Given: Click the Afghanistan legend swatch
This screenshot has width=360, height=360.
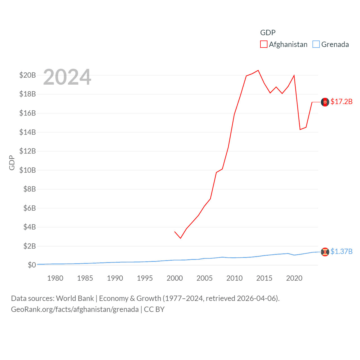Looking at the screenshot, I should [x=264, y=44].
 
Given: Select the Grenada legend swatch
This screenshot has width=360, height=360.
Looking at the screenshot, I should [x=316, y=44].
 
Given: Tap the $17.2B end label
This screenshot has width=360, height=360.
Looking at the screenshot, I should [x=341, y=102].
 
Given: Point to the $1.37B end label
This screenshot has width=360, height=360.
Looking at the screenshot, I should [x=341, y=251].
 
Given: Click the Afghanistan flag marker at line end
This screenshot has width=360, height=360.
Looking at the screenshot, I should [x=325, y=102].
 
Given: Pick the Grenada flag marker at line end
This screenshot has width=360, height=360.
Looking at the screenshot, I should [x=325, y=252].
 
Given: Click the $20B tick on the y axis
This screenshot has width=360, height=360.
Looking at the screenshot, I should [x=28, y=75].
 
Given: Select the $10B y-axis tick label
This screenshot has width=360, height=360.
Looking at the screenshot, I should [x=28, y=170].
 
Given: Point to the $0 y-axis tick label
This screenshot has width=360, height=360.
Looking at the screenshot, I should [x=32, y=265].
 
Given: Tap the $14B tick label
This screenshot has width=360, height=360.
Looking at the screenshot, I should [x=28, y=132].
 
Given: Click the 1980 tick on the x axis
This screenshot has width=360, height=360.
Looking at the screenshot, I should [x=55, y=278].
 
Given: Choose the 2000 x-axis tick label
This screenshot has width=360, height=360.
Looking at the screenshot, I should [x=175, y=278].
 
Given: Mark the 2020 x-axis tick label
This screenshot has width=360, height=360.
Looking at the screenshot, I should [x=294, y=278].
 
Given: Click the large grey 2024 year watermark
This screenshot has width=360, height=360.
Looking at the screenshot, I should [x=67, y=77].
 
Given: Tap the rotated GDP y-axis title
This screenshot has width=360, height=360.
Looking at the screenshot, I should [x=12, y=163].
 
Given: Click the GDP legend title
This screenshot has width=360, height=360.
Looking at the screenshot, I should [x=268, y=33].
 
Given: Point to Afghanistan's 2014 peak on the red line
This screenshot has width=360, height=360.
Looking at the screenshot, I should [x=258, y=70].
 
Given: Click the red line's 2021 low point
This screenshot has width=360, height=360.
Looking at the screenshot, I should [x=300, y=129].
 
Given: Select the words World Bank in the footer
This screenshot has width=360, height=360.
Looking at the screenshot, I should [x=75, y=298].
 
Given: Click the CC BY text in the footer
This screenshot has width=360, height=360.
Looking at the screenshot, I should [x=154, y=309].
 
